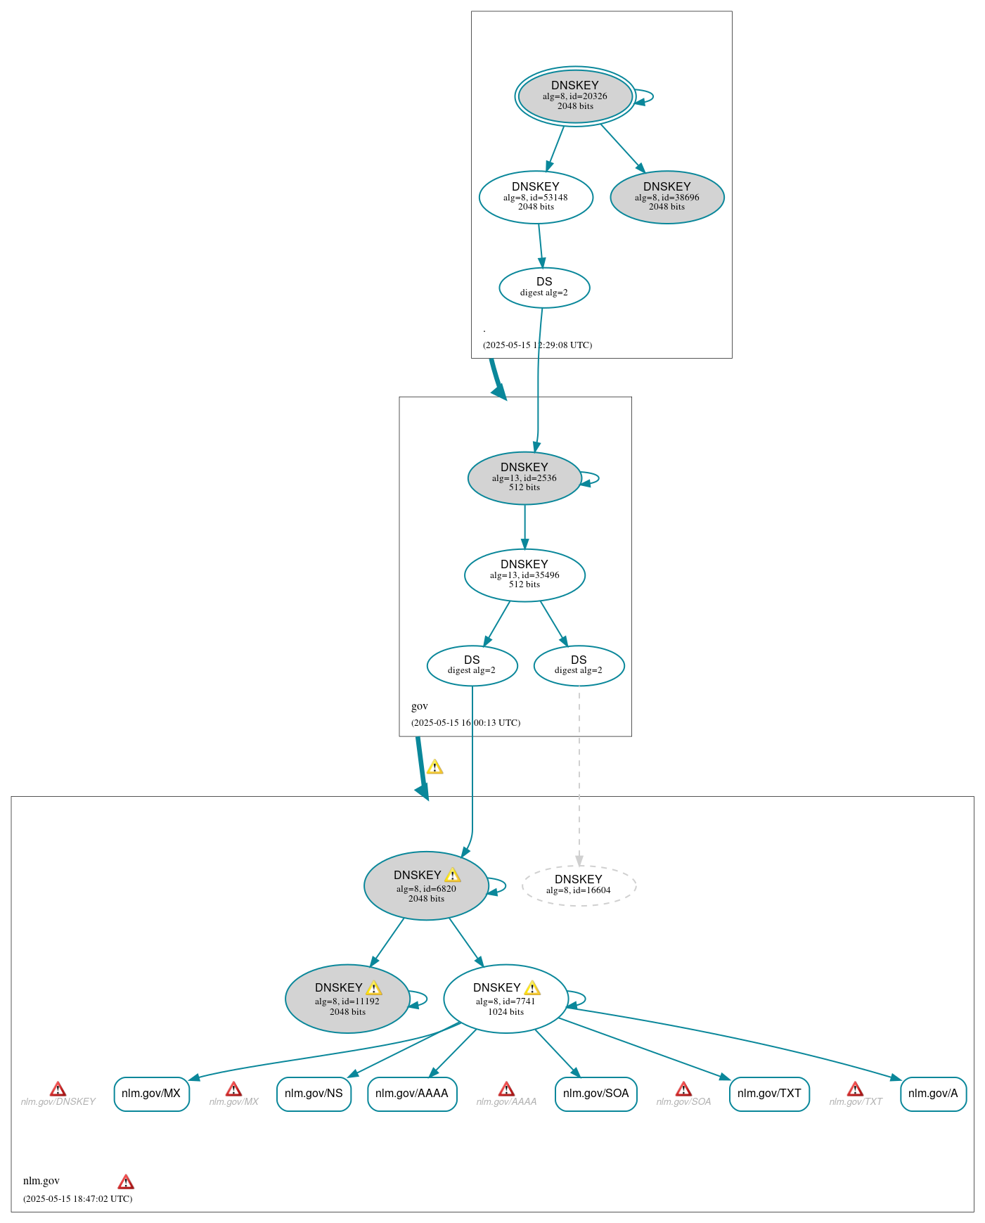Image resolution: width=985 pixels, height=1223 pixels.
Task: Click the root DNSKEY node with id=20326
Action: click(x=575, y=96)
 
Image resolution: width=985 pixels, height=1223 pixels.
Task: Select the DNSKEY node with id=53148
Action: click(x=536, y=197)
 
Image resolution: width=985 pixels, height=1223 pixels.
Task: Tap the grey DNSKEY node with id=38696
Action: click(x=667, y=197)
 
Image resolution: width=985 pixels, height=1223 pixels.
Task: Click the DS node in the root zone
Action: click(x=544, y=287)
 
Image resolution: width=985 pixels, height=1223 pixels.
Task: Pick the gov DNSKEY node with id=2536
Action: click(x=524, y=478)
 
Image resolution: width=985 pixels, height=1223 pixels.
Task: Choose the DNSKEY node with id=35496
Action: click(x=524, y=575)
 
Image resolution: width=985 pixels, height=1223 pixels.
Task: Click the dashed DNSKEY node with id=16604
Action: click(x=579, y=885)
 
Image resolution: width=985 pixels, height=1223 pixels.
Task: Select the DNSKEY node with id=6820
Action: click(x=425, y=885)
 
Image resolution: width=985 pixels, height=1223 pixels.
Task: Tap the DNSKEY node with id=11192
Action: click(x=347, y=998)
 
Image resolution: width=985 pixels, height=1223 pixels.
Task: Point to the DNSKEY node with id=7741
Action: click(x=505, y=998)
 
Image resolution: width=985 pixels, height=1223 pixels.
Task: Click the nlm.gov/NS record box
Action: click(x=314, y=1094)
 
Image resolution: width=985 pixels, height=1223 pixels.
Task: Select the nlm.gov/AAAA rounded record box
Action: click(x=412, y=1094)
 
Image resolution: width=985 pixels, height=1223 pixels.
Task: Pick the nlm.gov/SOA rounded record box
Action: click(x=595, y=1094)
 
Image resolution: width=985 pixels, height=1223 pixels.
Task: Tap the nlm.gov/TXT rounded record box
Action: click(x=769, y=1094)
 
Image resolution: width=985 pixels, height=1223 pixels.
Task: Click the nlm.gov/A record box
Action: click(x=933, y=1094)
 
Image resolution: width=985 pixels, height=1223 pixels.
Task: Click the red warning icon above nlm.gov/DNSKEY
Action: click(x=58, y=1089)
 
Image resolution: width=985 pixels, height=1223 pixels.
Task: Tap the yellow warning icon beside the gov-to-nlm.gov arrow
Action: click(x=435, y=767)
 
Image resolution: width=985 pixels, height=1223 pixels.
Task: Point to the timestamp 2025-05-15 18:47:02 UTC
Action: click(x=77, y=1198)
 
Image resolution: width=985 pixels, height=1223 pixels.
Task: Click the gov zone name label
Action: click(x=420, y=706)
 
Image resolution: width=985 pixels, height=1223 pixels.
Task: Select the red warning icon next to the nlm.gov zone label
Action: click(x=126, y=1182)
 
